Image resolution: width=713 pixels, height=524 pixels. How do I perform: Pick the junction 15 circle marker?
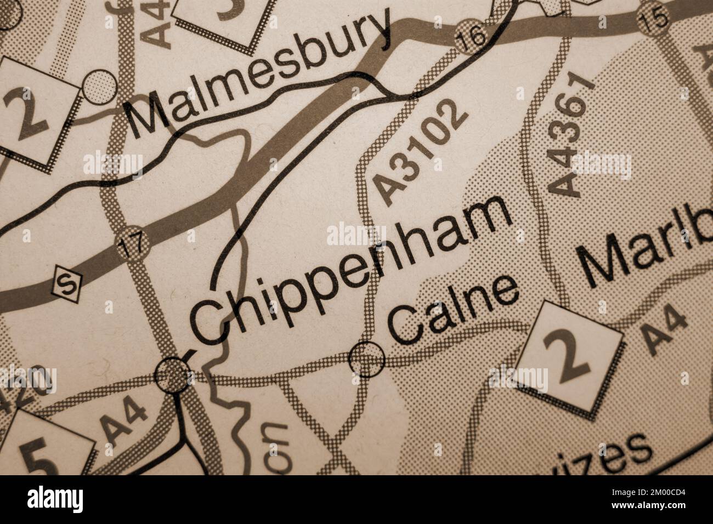click(x=655, y=20)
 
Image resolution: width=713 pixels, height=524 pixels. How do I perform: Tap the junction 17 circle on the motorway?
click(x=131, y=243)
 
